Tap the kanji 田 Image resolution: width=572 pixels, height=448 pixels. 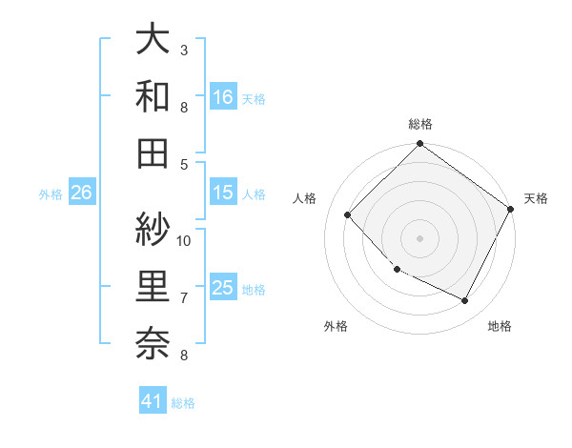[153, 153]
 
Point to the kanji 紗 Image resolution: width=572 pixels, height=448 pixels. [153, 229]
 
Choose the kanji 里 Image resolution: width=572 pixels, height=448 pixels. [153, 286]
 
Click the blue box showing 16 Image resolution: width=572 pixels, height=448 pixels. [223, 96]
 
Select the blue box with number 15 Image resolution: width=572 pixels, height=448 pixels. [223, 193]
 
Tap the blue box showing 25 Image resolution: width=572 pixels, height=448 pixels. [223, 288]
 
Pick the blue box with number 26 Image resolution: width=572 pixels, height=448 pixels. [81, 193]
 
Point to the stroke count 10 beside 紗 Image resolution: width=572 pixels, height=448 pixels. [185, 240]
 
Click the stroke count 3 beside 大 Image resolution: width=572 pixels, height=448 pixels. [184, 50]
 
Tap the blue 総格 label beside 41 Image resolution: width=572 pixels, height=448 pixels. [183, 403]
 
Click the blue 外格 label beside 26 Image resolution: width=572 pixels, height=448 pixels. [51, 194]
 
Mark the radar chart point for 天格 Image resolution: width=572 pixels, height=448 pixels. [510, 210]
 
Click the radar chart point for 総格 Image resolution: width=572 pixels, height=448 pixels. [419, 146]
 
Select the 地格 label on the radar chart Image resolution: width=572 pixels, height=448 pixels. [500, 326]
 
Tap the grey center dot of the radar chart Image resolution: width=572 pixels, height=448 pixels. [419, 237]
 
